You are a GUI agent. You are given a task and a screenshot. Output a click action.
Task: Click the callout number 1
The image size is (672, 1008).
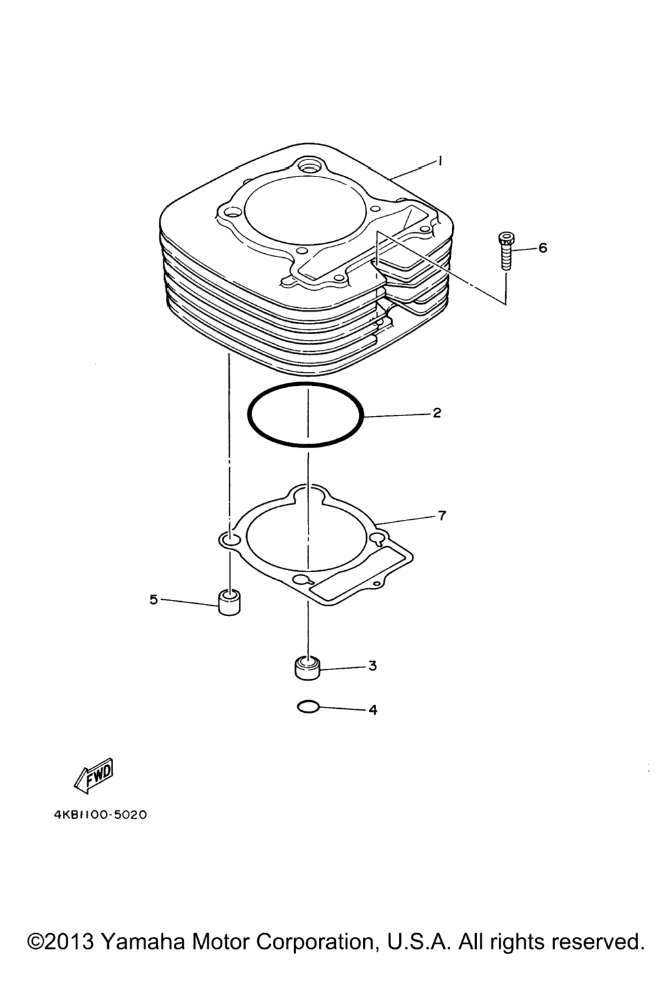click(x=440, y=160)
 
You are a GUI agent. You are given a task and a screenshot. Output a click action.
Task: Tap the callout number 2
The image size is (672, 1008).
click(x=436, y=413)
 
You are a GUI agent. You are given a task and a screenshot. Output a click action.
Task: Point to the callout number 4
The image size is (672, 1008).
click(x=373, y=710)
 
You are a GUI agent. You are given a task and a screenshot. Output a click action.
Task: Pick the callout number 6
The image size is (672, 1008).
click(x=543, y=247)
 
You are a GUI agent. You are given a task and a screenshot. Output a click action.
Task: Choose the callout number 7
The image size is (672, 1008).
click(x=442, y=516)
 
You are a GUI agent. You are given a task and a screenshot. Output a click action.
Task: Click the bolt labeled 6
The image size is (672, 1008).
click(x=507, y=251)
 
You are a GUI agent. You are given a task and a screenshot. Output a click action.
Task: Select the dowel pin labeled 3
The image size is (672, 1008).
click(x=307, y=669)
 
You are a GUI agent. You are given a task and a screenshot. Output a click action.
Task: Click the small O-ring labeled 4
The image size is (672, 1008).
click(x=308, y=707)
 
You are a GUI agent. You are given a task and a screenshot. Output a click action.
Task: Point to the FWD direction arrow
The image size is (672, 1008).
click(x=94, y=776)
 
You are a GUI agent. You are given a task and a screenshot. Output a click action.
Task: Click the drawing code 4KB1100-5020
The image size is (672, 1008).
click(x=100, y=815)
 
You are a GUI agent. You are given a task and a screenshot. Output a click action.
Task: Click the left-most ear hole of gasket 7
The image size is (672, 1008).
click(x=229, y=539)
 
